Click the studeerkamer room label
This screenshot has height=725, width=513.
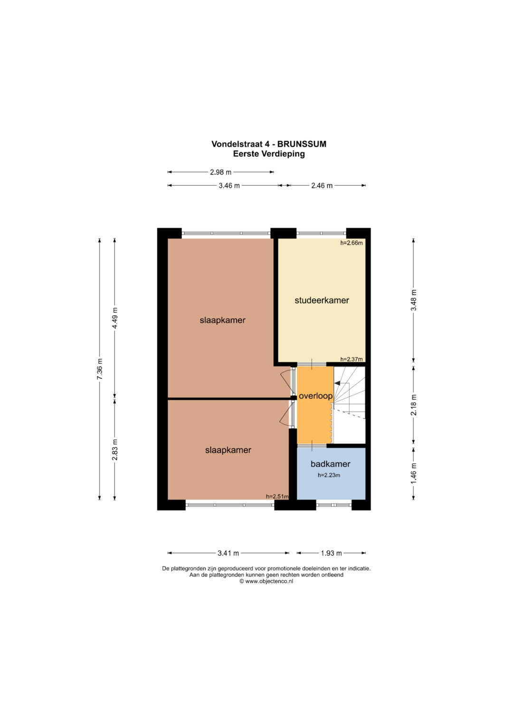tap(322, 301)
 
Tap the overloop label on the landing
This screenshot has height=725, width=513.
tap(315, 396)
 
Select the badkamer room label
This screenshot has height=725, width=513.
tap(330, 464)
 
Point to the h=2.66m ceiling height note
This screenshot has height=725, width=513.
tap(351, 243)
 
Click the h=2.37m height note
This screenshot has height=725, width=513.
tap(351, 359)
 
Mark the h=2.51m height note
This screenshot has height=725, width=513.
tap(277, 496)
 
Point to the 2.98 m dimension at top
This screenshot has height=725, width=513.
tap(220, 172)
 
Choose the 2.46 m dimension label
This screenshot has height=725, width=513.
tap(322, 186)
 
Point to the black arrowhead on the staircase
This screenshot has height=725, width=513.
tap(337, 383)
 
